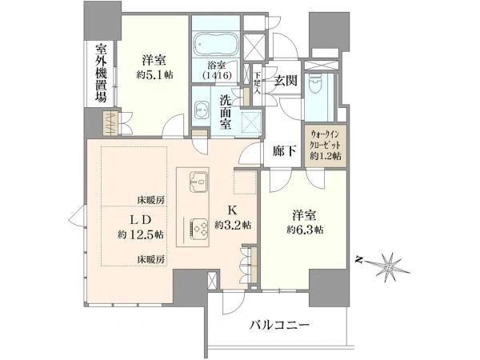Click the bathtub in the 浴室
(x=216, y=44)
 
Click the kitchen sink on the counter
(x=198, y=182)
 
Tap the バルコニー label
(x=279, y=326)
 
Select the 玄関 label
(x=286, y=81)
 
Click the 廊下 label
(x=284, y=150)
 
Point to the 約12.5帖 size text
(x=141, y=234)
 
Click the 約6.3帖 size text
(x=305, y=230)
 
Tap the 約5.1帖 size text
(x=154, y=74)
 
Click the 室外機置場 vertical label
(x=101, y=73)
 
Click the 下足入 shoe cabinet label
(x=257, y=82)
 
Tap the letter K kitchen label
(x=233, y=210)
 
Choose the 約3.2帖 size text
(x=233, y=226)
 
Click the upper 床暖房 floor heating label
(x=150, y=201)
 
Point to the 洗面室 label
(x=226, y=112)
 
